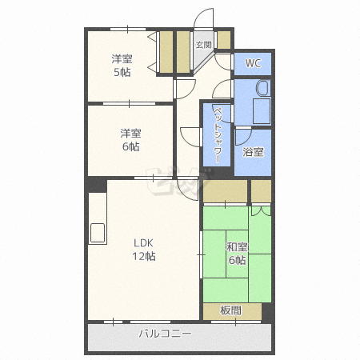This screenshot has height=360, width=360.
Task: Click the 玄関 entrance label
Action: (x=203, y=45)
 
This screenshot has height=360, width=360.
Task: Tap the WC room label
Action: (x=253, y=63)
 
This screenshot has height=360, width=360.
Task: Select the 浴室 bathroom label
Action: (x=253, y=152)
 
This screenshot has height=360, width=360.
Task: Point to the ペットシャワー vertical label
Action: (x=218, y=135)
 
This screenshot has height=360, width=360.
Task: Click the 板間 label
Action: (x=230, y=310)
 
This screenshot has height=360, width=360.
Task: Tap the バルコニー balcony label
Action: (x=166, y=334)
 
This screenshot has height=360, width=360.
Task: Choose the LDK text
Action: (x=143, y=243)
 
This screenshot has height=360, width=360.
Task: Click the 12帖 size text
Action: (x=144, y=256)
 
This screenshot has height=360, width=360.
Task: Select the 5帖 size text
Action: (x=122, y=72)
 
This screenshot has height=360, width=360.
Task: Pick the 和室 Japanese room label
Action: (x=237, y=247)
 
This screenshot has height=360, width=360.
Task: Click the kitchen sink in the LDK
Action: (x=98, y=233)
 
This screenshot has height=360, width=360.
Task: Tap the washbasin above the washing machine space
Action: (x=262, y=88)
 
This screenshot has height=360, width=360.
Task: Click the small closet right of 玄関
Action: (x=224, y=40)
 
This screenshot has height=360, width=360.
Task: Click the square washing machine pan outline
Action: (x=262, y=111)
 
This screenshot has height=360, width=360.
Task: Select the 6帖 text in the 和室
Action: (x=237, y=260)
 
